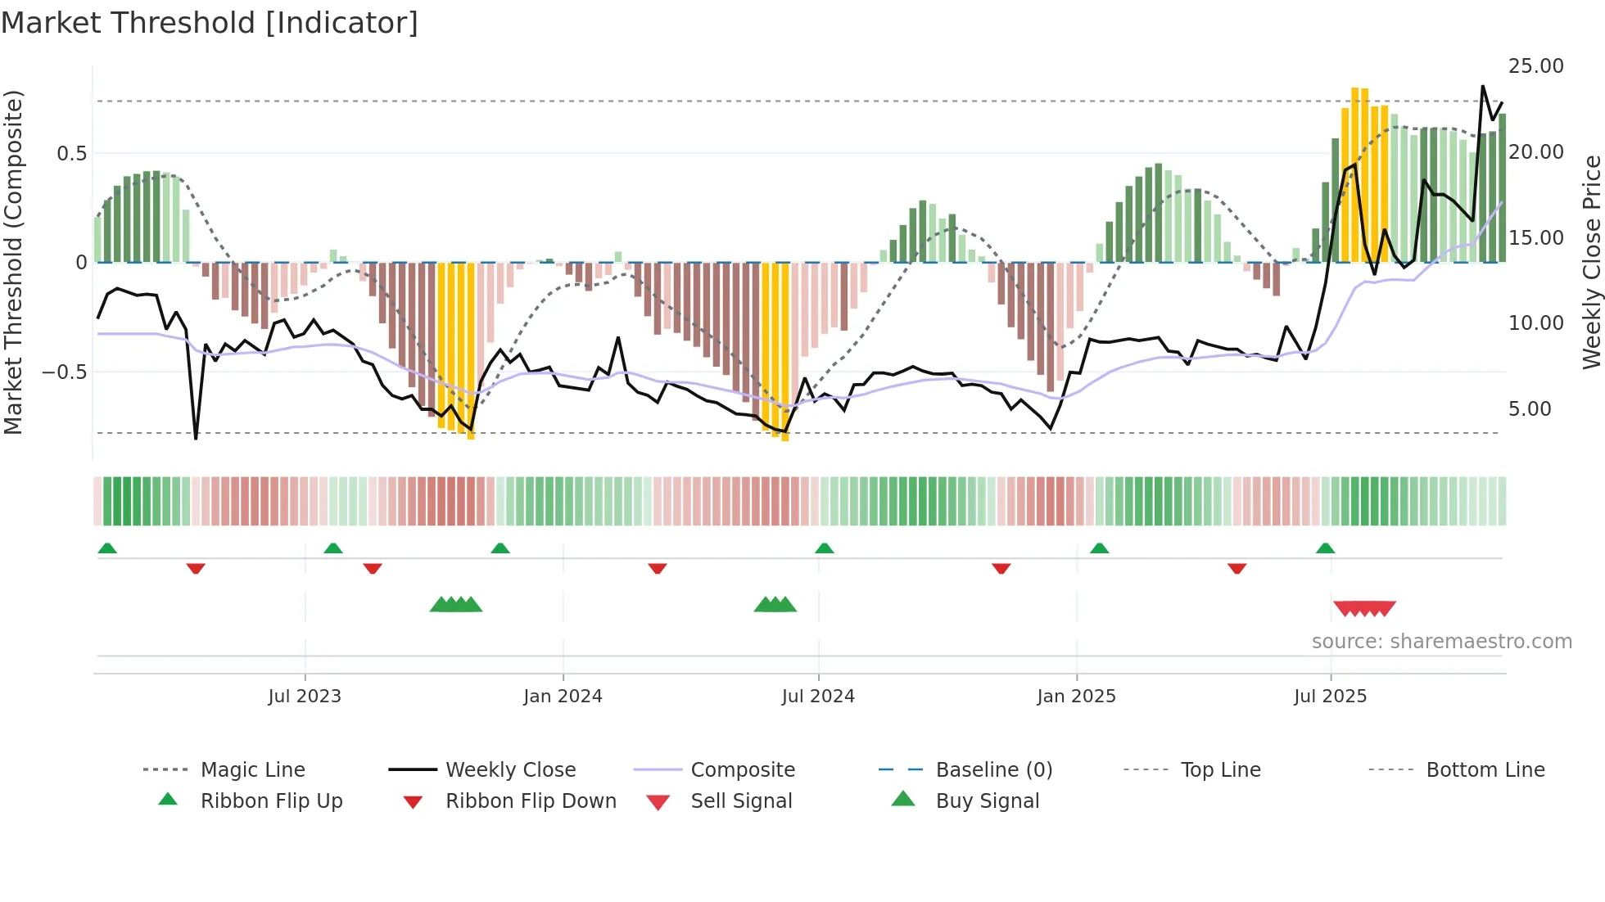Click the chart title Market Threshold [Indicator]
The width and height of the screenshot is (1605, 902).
[x=210, y=23]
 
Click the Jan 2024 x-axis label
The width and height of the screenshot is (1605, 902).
[x=563, y=696]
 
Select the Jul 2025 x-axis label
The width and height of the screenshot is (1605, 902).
[x=1330, y=696]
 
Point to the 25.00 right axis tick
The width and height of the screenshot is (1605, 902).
[x=1535, y=66]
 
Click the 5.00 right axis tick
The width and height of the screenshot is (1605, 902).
[x=1529, y=408]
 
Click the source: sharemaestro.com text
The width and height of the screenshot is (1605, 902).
[x=1441, y=641]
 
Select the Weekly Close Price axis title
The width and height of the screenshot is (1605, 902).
[x=1591, y=262]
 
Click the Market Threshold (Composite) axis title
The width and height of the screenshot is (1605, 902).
[x=13, y=262]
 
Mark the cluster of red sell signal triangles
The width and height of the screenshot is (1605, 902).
[x=1364, y=608]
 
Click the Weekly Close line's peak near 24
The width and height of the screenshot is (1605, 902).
[x=1482, y=86]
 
